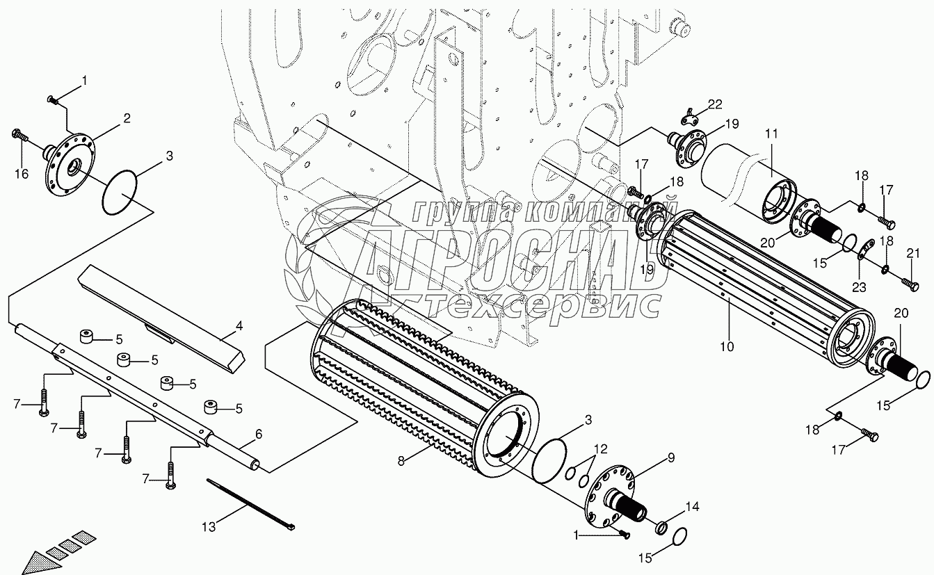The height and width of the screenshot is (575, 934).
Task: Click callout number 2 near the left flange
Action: pos(127,118)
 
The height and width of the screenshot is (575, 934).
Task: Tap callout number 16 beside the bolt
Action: pos(22,174)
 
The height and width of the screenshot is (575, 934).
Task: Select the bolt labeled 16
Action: pos(19,134)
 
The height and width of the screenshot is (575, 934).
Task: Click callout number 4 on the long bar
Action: pos(239,325)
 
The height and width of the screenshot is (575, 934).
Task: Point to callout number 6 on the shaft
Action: pos(258,434)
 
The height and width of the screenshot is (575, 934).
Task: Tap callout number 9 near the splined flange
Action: pos(671,457)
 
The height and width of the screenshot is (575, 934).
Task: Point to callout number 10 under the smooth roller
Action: pos(727,346)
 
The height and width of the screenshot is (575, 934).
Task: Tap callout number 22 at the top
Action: pos(715,104)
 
